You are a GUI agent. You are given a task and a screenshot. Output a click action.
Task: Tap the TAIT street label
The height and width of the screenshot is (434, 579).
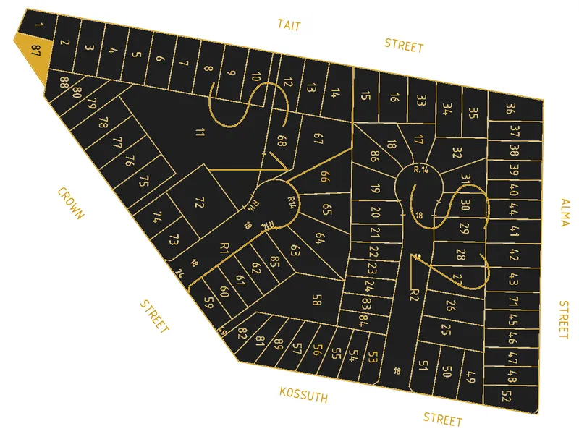289,26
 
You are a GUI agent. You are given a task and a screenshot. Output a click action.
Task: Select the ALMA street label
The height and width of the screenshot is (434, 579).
565,213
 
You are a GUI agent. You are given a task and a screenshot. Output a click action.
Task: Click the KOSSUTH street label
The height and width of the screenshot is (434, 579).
304,395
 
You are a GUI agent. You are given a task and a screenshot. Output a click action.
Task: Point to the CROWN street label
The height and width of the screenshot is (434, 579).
72,203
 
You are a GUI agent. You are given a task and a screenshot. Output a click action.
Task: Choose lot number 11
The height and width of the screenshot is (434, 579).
200,132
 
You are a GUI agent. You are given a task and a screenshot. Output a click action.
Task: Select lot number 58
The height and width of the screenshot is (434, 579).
316,299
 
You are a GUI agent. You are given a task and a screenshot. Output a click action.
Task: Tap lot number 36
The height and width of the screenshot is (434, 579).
511,110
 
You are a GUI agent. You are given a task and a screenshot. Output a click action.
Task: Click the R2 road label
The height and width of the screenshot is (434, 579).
414,294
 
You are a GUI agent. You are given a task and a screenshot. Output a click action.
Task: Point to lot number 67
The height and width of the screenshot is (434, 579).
318,140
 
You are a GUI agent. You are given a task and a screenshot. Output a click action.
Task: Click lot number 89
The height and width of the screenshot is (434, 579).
279,344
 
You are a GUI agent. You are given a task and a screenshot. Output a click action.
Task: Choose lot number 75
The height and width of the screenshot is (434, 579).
144,179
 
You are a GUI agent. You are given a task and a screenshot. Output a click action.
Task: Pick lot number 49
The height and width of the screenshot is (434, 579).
470,377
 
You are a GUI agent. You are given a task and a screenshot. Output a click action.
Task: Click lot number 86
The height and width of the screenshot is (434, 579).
374,156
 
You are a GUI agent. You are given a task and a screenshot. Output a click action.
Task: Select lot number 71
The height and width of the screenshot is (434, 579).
513,301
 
